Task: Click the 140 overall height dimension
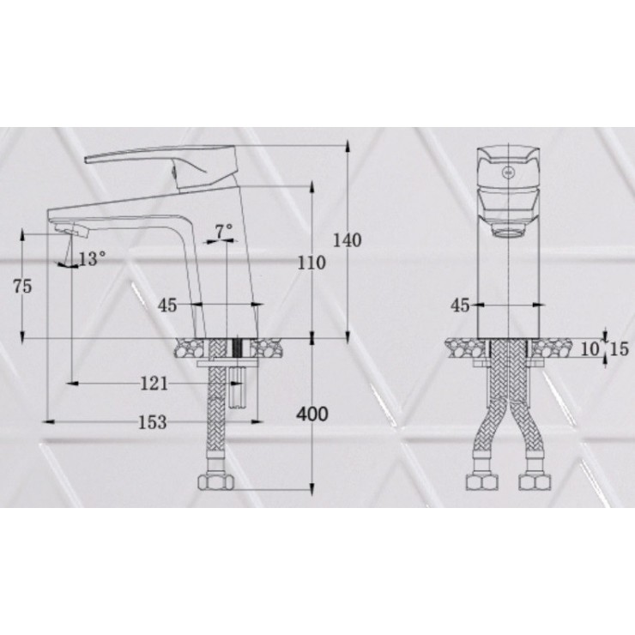click(348, 240)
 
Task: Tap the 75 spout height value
click(22, 287)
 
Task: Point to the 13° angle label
click(93, 257)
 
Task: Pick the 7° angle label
click(224, 231)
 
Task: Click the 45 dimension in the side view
click(167, 305)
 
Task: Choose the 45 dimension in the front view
click(460, 305)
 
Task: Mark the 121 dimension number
click(154, 384)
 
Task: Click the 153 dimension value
click(151, 421)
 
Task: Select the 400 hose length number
click(311, 414)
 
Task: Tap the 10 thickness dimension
click(588, 348)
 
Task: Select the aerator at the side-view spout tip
click(73, 229)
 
